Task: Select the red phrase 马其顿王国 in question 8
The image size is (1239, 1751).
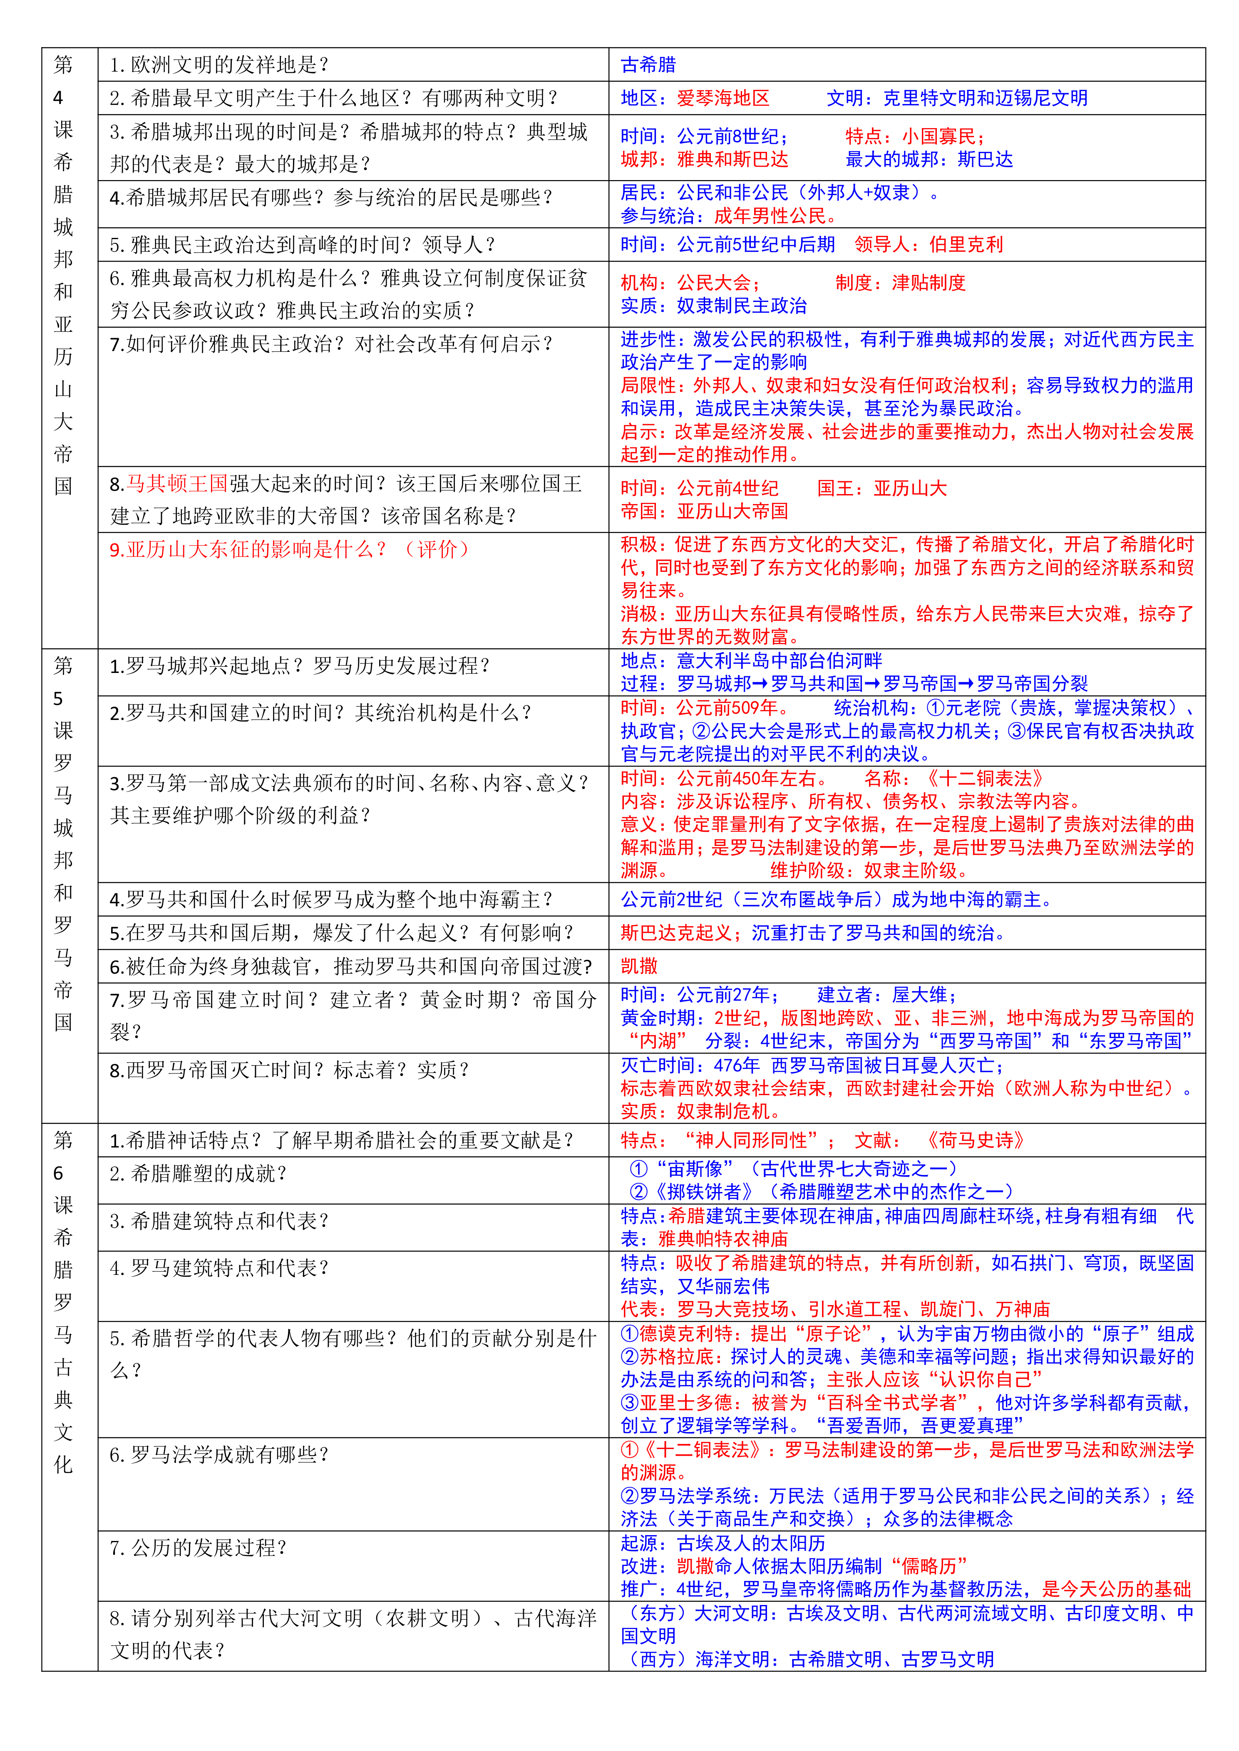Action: (x=177, y=484)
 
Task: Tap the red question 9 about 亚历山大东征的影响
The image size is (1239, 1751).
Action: (x=290, y=549)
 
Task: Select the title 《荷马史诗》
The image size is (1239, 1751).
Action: (x=975, y=1140)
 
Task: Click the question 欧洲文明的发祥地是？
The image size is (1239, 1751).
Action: (x=219, y=65)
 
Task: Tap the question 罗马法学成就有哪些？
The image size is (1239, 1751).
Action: (x=219, y=1455)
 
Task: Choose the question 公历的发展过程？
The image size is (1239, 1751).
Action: (x=199, y=1547)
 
